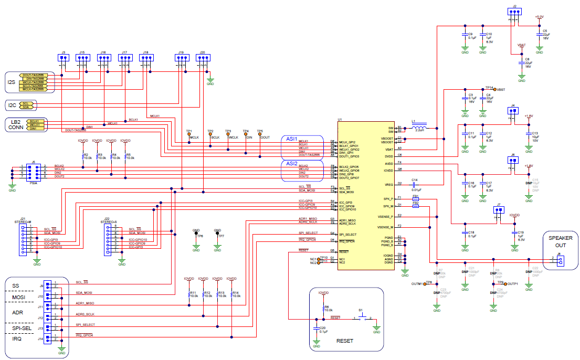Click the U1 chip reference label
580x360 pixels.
click(340, 120)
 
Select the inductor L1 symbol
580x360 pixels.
click(419, 128)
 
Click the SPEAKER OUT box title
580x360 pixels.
click(561, 241)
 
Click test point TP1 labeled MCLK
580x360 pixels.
click(189, 134)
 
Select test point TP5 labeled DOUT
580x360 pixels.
click(259, 134)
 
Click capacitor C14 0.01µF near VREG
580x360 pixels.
click(415, 184)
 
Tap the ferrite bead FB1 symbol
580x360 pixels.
click(415, 199)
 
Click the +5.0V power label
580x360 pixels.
click(539, 17)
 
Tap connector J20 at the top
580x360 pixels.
click(202, 59)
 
